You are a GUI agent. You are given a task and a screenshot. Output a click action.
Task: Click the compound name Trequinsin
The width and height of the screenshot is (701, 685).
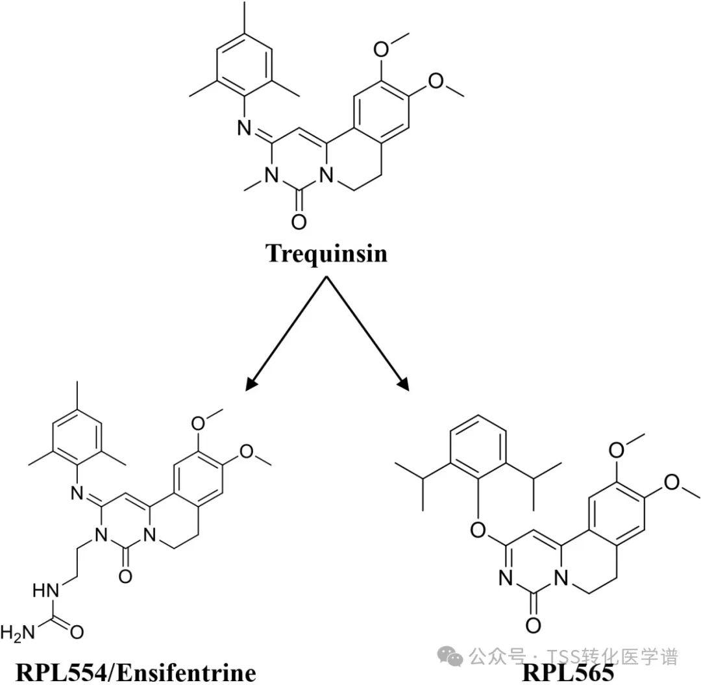point(326,253)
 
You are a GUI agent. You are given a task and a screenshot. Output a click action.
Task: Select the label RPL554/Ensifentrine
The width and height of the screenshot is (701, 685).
point(135,672)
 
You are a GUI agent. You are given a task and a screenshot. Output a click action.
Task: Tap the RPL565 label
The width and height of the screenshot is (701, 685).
point(567,672)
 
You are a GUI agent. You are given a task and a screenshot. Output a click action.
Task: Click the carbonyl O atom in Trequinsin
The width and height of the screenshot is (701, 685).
point(299,221)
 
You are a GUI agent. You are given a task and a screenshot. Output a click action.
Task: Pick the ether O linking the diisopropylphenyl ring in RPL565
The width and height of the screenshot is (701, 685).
point(477,531)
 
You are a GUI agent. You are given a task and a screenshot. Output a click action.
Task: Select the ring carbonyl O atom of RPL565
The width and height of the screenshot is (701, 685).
point(532,625)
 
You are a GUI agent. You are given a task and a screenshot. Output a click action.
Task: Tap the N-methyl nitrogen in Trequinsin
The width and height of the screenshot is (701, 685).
point(271,175)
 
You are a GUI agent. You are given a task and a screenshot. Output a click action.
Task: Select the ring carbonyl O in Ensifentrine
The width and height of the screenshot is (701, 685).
point(125,575)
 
